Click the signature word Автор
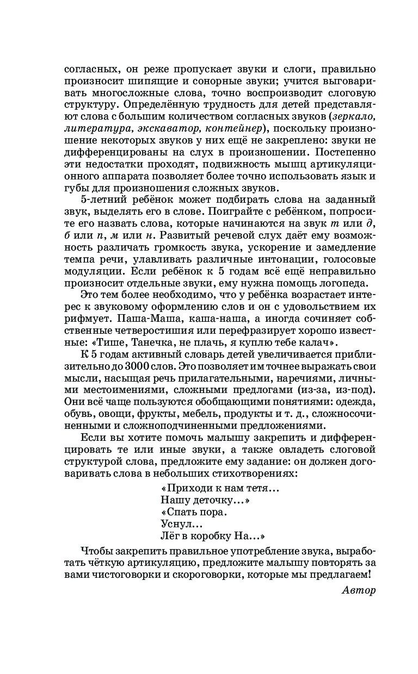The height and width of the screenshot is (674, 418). pos(360,590)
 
